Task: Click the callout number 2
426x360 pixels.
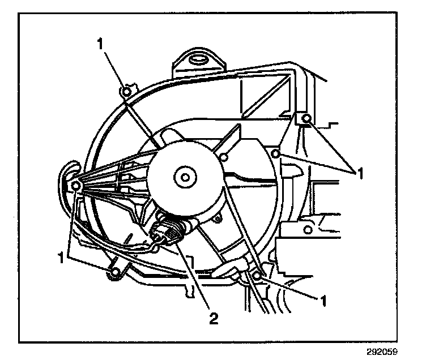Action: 214,318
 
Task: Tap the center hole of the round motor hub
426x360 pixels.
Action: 185,177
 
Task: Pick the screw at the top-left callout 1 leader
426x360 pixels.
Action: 127,92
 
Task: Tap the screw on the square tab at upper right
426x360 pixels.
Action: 306,118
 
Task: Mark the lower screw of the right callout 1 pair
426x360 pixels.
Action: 276,154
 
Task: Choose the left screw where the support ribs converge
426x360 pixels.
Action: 75,186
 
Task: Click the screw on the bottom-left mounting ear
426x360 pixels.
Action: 116,273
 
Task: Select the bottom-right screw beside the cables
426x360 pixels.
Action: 257,275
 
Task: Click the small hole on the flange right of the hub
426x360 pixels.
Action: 224,157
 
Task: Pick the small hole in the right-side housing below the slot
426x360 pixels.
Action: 307,230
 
